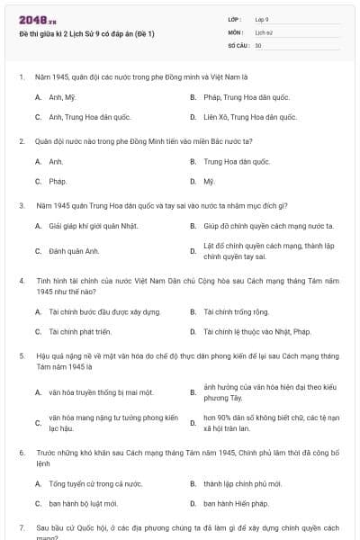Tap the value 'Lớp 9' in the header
(x=262, y=19)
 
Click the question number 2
(x=22, y=140)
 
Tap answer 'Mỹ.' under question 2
(x=209, y=181)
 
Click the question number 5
(x=22, y=356)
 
